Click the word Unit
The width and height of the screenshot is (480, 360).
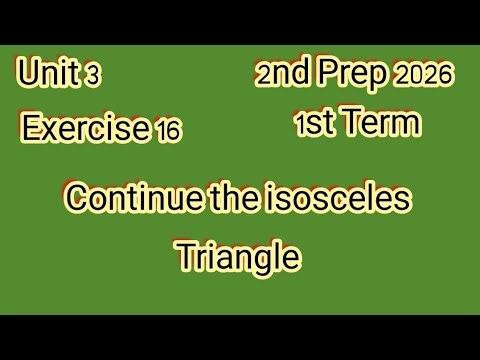click(x=47, y=73)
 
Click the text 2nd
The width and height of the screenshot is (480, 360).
click(x=284, y=74)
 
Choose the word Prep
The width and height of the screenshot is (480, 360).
click(x=353, y=75)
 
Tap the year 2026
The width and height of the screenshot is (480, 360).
click(x=427, y=76)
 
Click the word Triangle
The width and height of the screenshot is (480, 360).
click(x=238, y=256)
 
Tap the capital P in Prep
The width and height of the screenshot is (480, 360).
click(x=330, y=74)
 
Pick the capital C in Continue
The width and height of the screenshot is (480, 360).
click(x=76, y=197)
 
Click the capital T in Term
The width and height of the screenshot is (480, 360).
click(x=346, y=124)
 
